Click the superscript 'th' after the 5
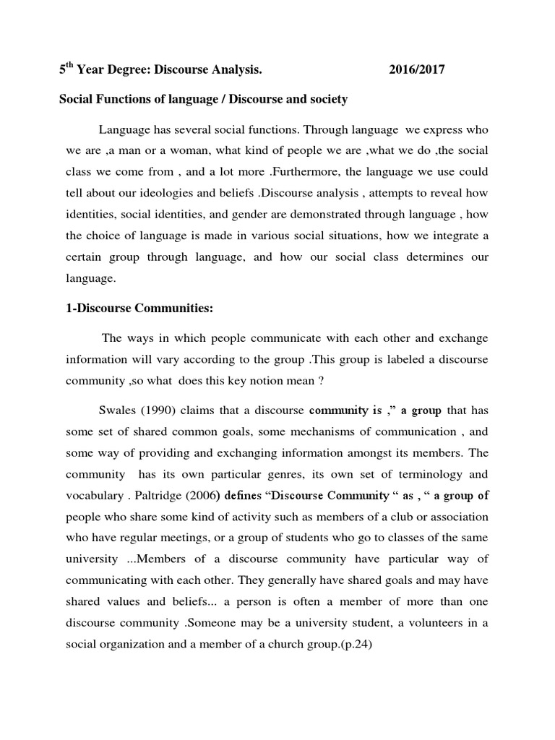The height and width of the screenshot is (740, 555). click(69, 66)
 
